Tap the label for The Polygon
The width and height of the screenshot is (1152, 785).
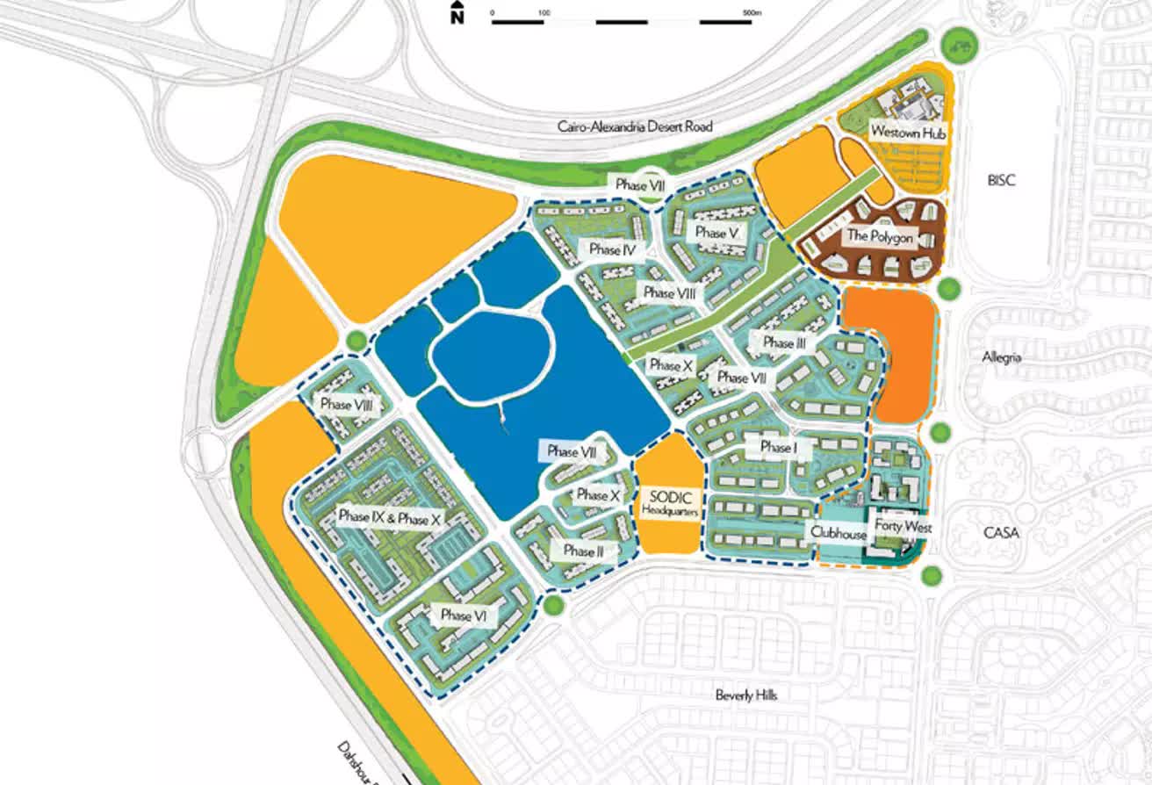pos(879,236)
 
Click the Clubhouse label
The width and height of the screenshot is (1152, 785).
pos(839,533)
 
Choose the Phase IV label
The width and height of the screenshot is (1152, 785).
pos(612,250)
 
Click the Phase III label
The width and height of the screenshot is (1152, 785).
pos(784,342)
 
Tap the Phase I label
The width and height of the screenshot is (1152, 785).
pos(776,447)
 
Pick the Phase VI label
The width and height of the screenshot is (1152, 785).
pos(464,616)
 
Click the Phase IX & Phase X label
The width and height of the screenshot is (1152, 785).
pos(388,518)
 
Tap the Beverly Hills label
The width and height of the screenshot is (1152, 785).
pos(746,695)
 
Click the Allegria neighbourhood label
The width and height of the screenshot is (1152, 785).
pos(1002,358)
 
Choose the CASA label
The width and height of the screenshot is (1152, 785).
pos(1001,533)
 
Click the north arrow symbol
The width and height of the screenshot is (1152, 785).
pos(457,13)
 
